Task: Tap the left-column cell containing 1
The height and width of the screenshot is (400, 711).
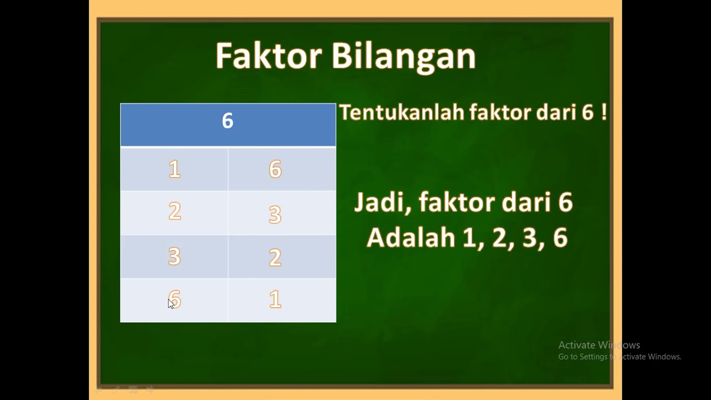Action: coord(174,169)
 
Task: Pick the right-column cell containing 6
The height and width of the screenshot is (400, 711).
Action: coord(282,169)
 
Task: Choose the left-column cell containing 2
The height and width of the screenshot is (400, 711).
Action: coord(174,212)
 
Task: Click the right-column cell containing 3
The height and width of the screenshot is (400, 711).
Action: coord(282,213)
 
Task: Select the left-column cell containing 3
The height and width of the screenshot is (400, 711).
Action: coord(174,256)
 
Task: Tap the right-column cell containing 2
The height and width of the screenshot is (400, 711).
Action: coord(282,257)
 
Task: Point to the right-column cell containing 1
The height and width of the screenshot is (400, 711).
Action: coord(282,300)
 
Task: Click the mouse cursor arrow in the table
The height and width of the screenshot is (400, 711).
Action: coord(171,303)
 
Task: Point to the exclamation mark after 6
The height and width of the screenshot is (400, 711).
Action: coord(604,113)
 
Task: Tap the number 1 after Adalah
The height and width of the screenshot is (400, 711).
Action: coord(469,238)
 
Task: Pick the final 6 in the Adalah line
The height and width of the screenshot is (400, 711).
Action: coord(560,238)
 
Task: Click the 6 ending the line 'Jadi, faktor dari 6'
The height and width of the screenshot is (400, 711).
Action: coord(565,203)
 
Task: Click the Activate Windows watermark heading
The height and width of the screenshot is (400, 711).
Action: coord(599,345)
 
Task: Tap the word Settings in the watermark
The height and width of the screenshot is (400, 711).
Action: coord(593,357)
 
